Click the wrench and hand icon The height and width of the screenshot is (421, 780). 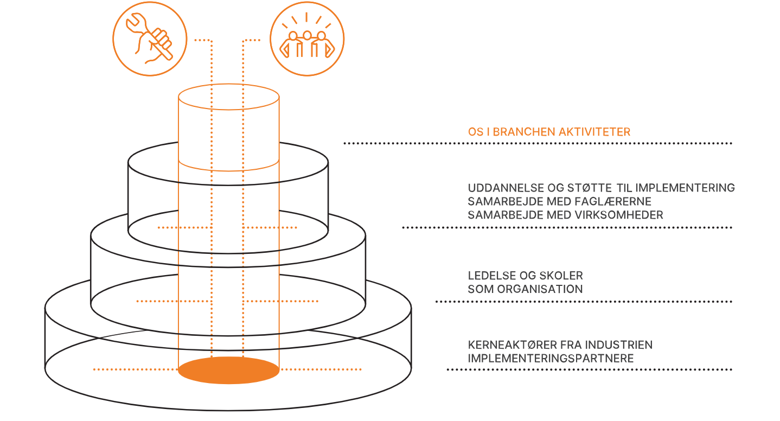click(150, 39)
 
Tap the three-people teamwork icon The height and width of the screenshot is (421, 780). click(307, 39)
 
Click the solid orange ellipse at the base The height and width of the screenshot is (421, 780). click(229, 370)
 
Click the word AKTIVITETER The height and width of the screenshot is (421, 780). click(594, 132)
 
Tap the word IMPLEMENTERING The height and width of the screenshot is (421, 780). click(685, 188)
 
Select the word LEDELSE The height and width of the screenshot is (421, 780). click(492, 276)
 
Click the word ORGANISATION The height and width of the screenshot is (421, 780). click(540, 289)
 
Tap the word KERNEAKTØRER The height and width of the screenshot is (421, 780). click(513, 345)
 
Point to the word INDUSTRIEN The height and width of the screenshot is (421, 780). click(618, 345)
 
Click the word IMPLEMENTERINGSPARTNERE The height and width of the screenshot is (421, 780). click(551, 359)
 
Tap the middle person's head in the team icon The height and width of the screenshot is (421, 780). click(307, 35)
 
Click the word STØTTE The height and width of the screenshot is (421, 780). click(589, 188)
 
